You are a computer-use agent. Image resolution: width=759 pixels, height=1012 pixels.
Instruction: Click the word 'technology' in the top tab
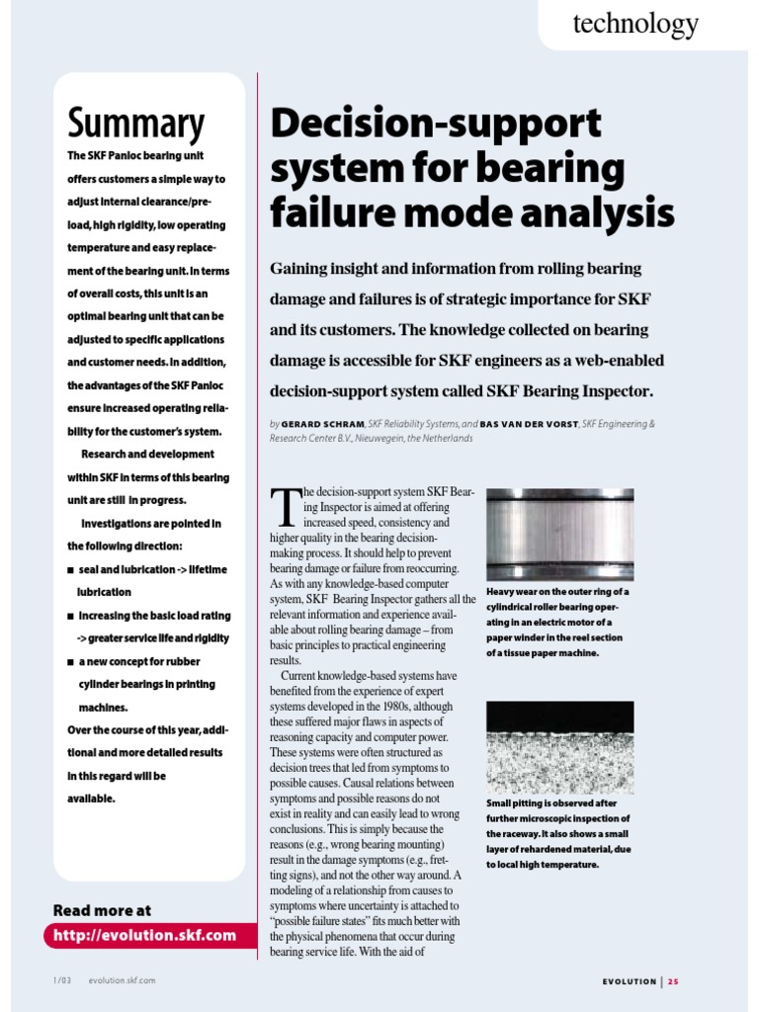634,24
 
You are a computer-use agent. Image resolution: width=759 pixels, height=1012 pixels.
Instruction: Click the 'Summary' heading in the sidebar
136,124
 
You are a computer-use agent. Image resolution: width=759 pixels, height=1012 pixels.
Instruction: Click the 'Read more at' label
102,910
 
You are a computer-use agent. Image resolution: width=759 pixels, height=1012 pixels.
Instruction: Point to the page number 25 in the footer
673,981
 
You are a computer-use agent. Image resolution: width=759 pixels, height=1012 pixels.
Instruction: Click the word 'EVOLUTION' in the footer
630,981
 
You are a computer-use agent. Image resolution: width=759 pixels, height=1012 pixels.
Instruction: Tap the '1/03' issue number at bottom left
63,980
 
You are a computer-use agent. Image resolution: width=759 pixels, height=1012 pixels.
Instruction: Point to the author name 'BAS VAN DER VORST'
530,423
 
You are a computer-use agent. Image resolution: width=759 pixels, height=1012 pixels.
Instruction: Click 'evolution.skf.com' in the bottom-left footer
121,980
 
